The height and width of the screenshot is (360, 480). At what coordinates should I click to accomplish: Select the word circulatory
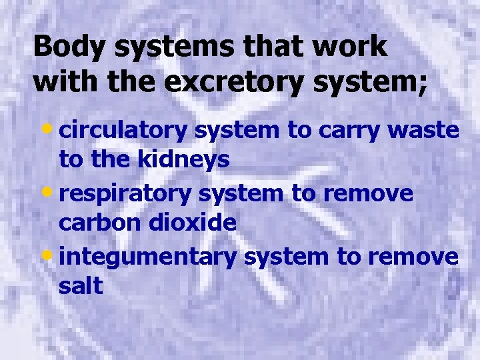124,131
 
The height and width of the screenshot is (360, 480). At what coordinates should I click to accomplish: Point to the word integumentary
148,257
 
